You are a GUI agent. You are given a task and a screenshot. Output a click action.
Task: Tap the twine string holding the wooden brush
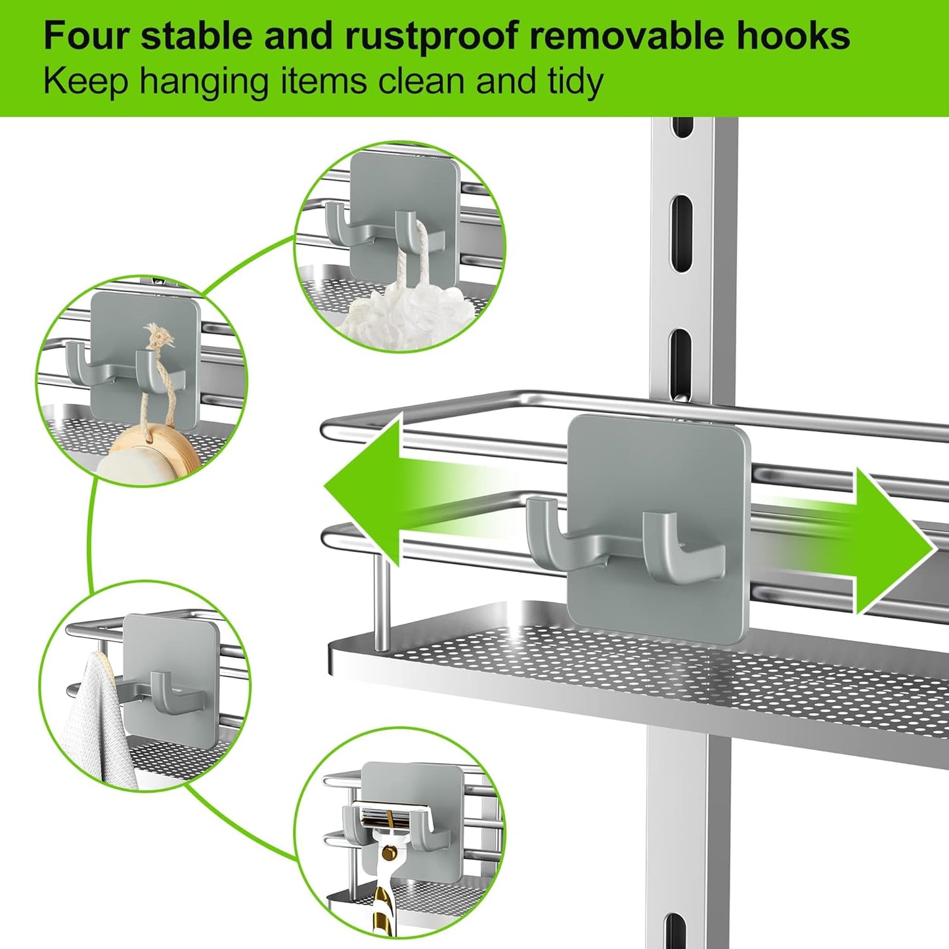pyautogui.click(x=152, y=381)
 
